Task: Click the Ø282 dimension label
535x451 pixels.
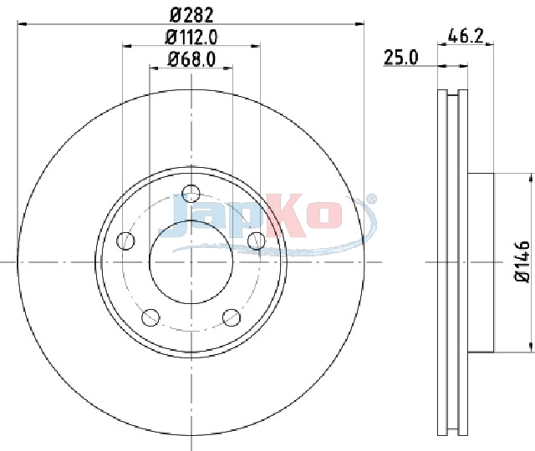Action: tap(191, 15)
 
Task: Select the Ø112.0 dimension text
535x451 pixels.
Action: tap(191, 37)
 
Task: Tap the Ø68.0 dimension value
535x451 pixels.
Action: tap(191, 59)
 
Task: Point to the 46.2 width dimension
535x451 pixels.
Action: tap(466, 36)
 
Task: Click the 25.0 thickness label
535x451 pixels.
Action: tap(401, 58)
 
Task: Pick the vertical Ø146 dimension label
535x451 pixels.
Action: tap(522, 261)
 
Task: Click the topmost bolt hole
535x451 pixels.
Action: tap(191, 194)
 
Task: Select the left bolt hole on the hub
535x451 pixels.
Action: tap(125, 241)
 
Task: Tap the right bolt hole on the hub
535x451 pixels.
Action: tap(257, 241)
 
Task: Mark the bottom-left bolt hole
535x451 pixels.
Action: tap(150, 317)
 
